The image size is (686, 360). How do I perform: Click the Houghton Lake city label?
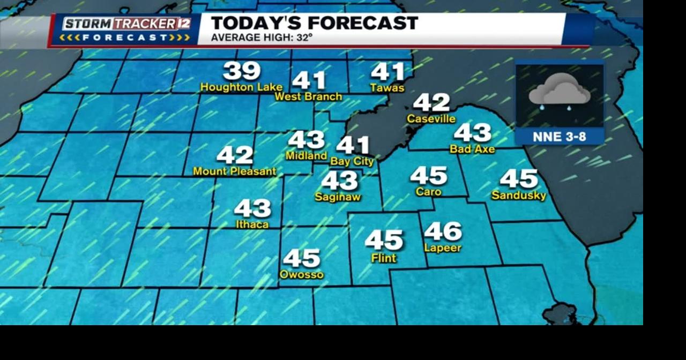(241, 87)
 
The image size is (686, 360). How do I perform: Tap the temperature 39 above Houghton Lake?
(242, 71)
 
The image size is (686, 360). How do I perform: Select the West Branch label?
(308, 96)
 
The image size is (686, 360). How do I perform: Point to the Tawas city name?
(387, 87)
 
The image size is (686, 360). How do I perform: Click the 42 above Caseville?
(431, 102)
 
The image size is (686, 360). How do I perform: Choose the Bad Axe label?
(472, 149)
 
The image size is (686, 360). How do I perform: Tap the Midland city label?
(306, 155)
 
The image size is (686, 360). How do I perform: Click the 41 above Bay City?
(353, 145)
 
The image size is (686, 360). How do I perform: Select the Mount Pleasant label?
(234, 171)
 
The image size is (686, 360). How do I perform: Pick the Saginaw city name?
(338, 197)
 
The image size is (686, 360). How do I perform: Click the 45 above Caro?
(429, 175)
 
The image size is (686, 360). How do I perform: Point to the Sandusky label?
(519, 195)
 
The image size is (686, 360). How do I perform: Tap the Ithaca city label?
(252, 224)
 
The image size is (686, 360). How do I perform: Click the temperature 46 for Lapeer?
(443, 231)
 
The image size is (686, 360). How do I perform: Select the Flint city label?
(384, 258)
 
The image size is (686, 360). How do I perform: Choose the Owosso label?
(302, 274)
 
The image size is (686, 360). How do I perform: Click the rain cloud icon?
(560, 92)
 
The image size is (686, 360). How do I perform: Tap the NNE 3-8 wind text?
(560, 137)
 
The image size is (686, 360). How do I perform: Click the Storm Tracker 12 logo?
(126, 29)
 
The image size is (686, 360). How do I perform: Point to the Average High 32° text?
(262, 37)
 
